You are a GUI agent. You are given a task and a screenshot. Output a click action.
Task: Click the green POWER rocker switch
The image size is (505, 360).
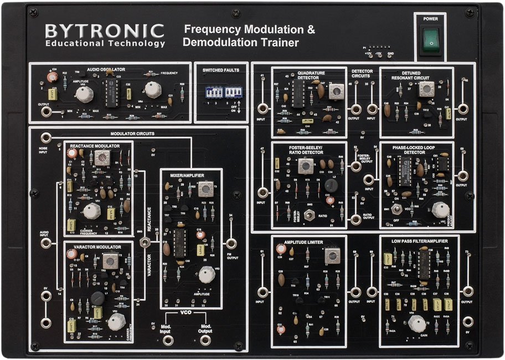pyautogui.click(x=431, y=42)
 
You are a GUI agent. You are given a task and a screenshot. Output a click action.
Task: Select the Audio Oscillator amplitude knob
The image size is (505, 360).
pyautogui.click(x=84, y=95)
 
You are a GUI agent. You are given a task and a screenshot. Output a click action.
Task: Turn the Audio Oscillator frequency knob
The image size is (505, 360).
pyautogui.click(x=152, y=89)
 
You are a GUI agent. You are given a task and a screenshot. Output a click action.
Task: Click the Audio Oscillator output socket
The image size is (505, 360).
pyautogui.click(x=47, y=112)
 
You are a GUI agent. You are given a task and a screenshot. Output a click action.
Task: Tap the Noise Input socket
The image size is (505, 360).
pyautogui.click(x=47, y=138)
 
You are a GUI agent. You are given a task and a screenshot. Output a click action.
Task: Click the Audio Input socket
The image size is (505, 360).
pyautogui.click(x=47, y=243)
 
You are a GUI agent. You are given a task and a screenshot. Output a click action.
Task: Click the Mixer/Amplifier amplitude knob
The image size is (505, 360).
pyautogui.click(x=207, y=274)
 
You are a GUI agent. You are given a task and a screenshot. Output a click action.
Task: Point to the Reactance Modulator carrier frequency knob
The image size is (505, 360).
pyautogui.click(x=92, y=211)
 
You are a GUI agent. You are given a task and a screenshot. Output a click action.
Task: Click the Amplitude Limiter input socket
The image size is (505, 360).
pyautogui.click(x=263, y=291)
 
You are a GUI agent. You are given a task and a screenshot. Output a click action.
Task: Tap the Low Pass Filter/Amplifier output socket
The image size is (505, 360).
pyautogui.click(x=468, y=291)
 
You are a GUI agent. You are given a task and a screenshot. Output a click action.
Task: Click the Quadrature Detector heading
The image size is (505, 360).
pyautogui.click(x=311, y=75)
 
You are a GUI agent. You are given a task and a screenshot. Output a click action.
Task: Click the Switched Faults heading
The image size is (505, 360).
pyautogui.click(x=221, y=70)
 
